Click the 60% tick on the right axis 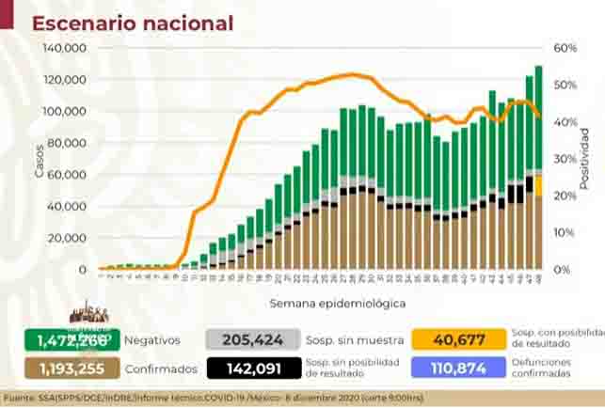564,48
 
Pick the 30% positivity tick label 564,159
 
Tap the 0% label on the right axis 561,270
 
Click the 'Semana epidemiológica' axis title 325,304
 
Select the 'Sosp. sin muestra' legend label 355,339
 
